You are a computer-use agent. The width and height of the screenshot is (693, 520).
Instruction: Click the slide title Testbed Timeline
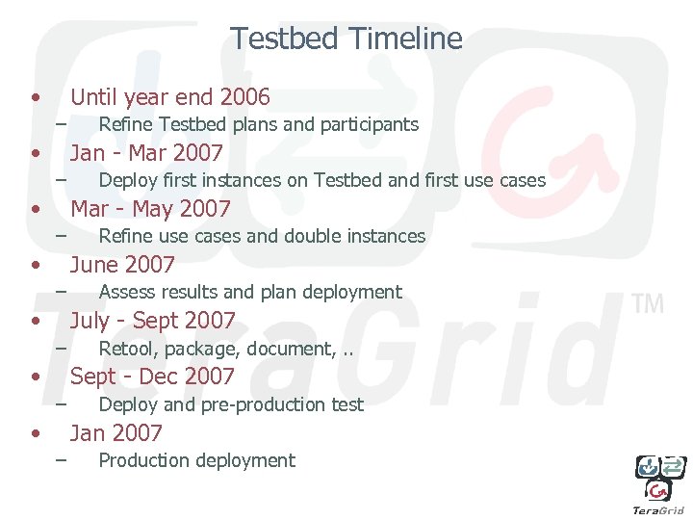346,39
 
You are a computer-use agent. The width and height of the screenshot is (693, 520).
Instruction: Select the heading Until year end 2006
170,97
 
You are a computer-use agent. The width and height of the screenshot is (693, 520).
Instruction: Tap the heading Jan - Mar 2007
146,153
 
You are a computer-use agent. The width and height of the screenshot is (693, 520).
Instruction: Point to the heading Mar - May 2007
151,209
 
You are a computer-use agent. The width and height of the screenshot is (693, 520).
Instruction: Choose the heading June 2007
123,265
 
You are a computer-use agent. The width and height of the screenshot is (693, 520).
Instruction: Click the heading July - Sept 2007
153,321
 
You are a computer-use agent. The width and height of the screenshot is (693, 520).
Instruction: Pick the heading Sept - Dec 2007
153,377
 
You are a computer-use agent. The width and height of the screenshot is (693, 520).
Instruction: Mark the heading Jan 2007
116,432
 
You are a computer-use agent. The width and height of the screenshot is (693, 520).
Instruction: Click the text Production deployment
196,460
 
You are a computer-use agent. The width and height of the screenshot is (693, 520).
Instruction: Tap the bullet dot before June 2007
36,265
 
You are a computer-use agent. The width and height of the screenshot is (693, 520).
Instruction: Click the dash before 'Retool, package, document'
61,347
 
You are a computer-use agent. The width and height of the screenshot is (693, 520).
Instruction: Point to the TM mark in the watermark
648,304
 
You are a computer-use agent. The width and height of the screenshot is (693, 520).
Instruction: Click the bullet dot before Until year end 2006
36,97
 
